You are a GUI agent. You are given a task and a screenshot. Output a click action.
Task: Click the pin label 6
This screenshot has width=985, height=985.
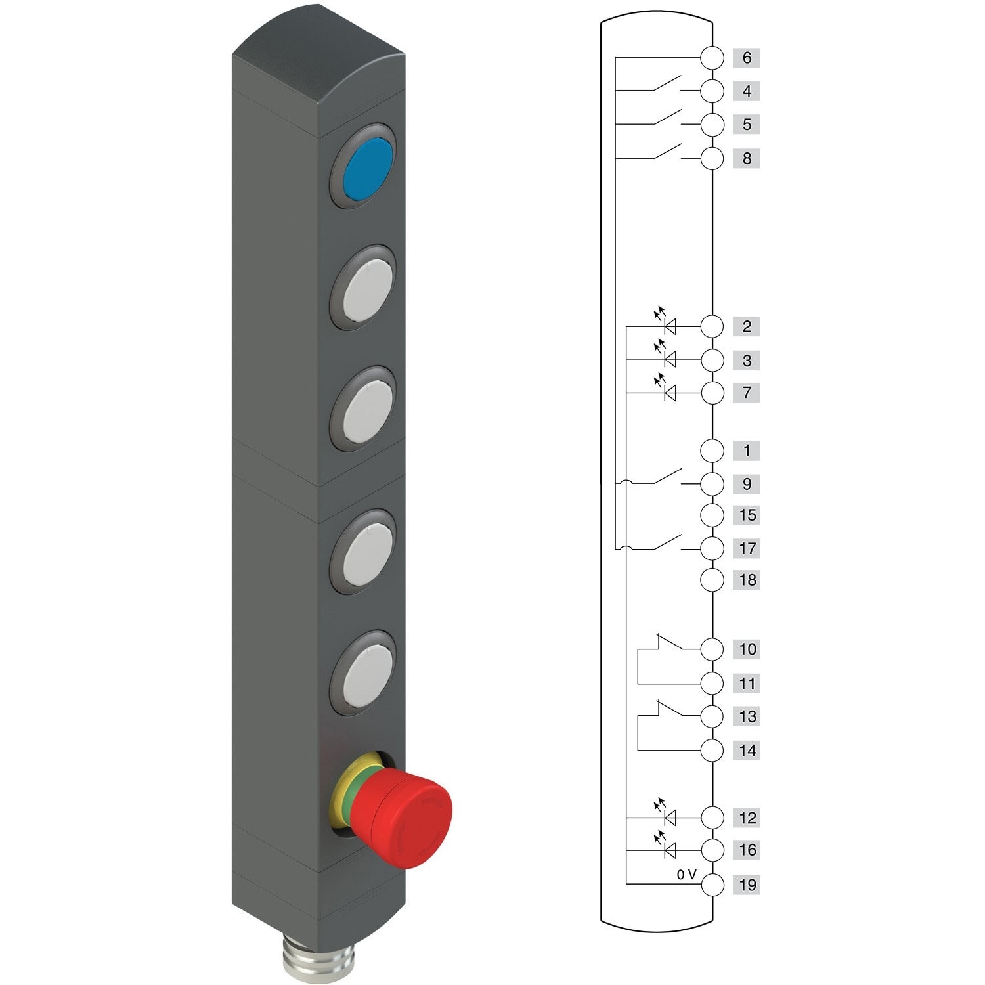(747, 58)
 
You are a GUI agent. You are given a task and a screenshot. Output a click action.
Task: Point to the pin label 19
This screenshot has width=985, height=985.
(747, 885)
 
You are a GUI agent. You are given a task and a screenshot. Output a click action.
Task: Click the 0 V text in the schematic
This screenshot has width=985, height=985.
(686, 875)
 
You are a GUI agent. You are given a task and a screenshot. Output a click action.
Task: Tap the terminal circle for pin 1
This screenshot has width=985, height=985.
(712, 450)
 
